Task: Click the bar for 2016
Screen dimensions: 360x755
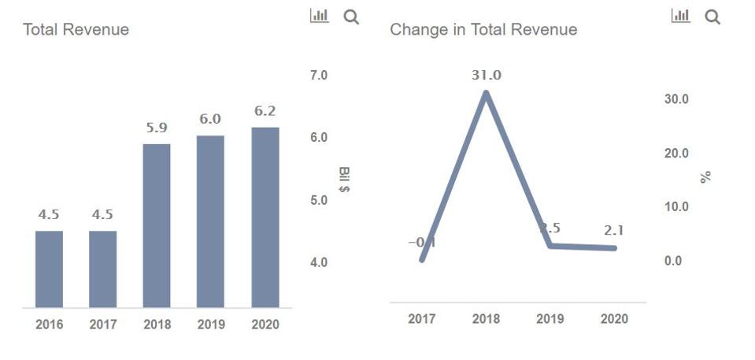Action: tap(49, 269)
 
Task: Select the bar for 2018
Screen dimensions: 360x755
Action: tap(157, 225)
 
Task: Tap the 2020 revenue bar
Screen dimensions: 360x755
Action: tap(265, 217)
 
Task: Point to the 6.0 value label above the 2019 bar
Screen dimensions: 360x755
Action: tap(210, 119)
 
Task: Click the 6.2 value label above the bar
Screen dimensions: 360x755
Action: tap(265, 111)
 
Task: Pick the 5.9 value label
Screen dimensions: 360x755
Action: tap(157, 128)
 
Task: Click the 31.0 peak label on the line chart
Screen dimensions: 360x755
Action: tap(487, 76)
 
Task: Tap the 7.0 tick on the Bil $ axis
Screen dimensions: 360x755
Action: tap(318, 76)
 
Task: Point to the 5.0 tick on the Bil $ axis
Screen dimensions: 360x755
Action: tap(318, 200)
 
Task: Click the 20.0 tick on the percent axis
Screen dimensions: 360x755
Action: tap(676, 153)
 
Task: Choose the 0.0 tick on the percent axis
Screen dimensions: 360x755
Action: tap(673, 261)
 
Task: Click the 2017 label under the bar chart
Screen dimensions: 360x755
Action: tap(102, 325)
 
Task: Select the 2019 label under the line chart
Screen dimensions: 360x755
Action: tap(550, 319)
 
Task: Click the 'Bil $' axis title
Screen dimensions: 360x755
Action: tap(344, 180)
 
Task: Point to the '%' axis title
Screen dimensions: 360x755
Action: tap(705, 177)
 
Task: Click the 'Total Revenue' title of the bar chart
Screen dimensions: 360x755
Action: tap(76, 30)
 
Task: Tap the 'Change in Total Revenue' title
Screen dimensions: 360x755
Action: tap(483, 30)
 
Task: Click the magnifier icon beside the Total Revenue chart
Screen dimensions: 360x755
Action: tap(351, 17)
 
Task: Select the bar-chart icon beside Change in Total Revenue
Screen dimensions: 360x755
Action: tap(680, 16)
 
